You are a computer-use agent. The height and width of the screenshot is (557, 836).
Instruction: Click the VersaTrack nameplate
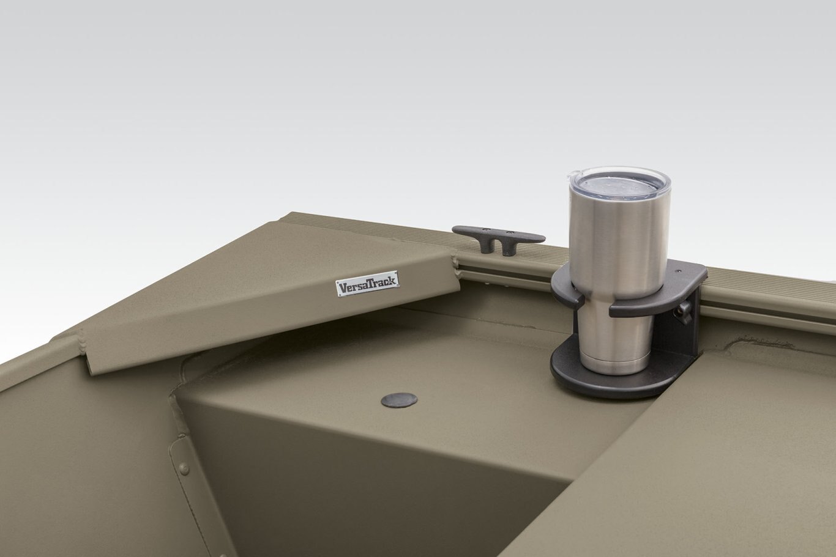368,284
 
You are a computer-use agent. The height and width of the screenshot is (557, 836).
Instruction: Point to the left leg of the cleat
486,246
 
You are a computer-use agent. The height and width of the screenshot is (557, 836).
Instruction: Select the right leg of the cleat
509,248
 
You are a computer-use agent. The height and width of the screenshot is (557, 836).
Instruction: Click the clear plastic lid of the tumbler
620,183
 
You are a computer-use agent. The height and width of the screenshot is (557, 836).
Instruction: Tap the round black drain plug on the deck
399,400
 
